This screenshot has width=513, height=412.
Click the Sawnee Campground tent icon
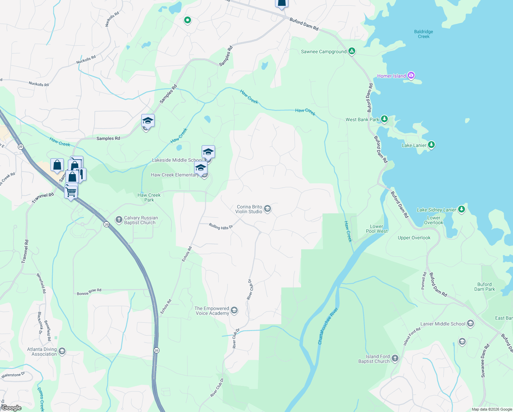coord(351,51)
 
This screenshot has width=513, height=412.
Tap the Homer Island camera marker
coord(411,76)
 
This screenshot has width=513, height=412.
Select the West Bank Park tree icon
coord(384,119)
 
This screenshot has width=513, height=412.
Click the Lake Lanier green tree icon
coord(431,145)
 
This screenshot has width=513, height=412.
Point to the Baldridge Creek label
coord(423,34)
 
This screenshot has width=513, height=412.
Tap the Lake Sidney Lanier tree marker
coord(462,209)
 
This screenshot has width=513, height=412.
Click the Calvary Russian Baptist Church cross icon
coord(119,220)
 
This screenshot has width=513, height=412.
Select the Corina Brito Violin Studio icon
coord(267,209)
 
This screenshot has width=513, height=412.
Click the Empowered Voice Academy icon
coord(234,311)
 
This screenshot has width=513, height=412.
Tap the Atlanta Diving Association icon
coord(62,351)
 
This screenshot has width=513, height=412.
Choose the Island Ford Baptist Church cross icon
coord(395,358)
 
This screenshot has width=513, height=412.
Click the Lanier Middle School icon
coord(470,323)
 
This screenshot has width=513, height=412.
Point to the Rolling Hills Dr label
coord(221,227)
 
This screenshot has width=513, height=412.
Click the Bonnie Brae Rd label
coord(89,292)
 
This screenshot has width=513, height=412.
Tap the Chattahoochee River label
coord(328,326)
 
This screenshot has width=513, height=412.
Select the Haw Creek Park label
coord(149,197)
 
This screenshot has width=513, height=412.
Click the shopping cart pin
coord(71,192)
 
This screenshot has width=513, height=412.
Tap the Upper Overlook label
coord(414,238)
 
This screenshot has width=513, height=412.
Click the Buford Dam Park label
coord(484,287)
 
